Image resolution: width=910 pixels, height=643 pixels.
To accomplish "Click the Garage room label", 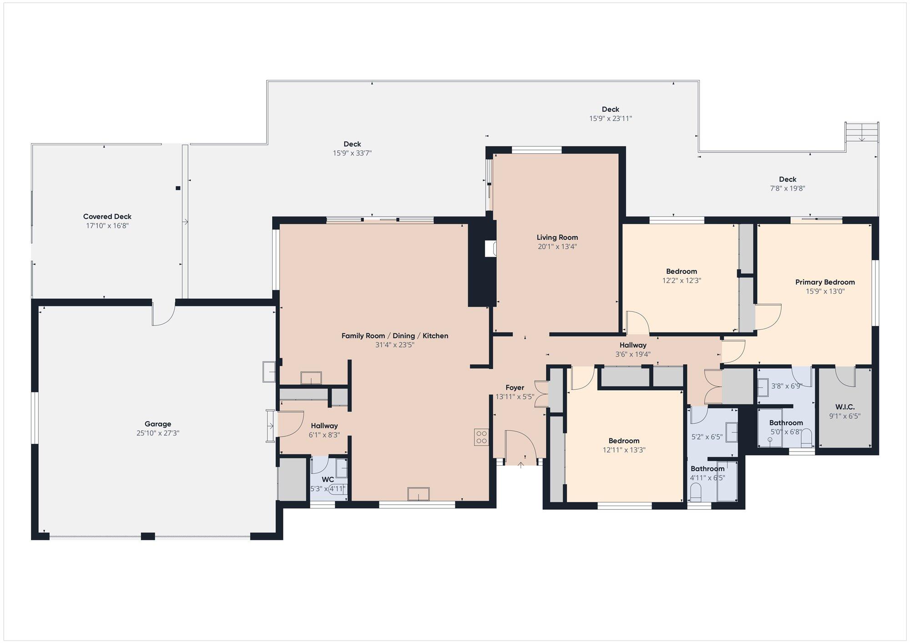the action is pyautogui.click(x=158, y=424).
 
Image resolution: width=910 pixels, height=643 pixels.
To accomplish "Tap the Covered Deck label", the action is pyautogui.click(x=107, y=216).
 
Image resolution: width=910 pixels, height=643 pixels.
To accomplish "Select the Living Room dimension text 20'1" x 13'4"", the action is pyautogui.click(x=557, y=246).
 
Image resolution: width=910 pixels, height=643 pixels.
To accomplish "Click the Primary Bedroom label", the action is pyautogui.click(x=825, y=282).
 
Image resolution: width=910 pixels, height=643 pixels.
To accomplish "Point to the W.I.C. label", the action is pyautogui.click(x=845, y=407).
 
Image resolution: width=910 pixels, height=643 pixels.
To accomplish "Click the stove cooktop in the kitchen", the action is pyautogui.click(x=481, y=437).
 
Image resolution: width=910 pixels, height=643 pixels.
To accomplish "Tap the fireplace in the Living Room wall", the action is pyautogui.click(x=490, y=249).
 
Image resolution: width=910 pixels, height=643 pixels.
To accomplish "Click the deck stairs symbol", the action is pyautogui.click(x=862, y=132).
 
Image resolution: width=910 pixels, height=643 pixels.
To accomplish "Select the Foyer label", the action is pyautogui.click(x=515, y=387).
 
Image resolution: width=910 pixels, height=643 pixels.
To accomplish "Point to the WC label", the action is pyautogui.click(x=328, y=480).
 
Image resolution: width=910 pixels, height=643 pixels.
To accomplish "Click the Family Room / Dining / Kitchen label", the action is pyautogui.click(x=395, y=336).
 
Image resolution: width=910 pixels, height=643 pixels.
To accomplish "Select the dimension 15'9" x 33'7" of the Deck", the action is pyautogui.click(x=352, y=153).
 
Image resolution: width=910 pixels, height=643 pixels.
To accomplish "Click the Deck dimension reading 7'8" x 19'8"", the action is pyautogui.click(x=788, y=188).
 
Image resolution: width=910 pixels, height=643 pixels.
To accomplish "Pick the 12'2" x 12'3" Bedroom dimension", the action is pyautogui.click(x=682, y=281).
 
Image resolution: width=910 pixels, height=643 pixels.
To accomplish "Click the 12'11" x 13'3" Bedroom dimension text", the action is pyautogui.click(x=624, y=450).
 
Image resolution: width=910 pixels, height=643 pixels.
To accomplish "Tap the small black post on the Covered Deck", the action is pyautogui.click(x=178, y=188).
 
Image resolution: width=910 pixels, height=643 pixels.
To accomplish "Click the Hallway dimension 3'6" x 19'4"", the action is pyautogui.click(x=633, y=354).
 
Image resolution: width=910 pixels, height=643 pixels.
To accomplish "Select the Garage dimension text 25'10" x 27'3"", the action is pyautogui.click(x=158, y=433).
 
